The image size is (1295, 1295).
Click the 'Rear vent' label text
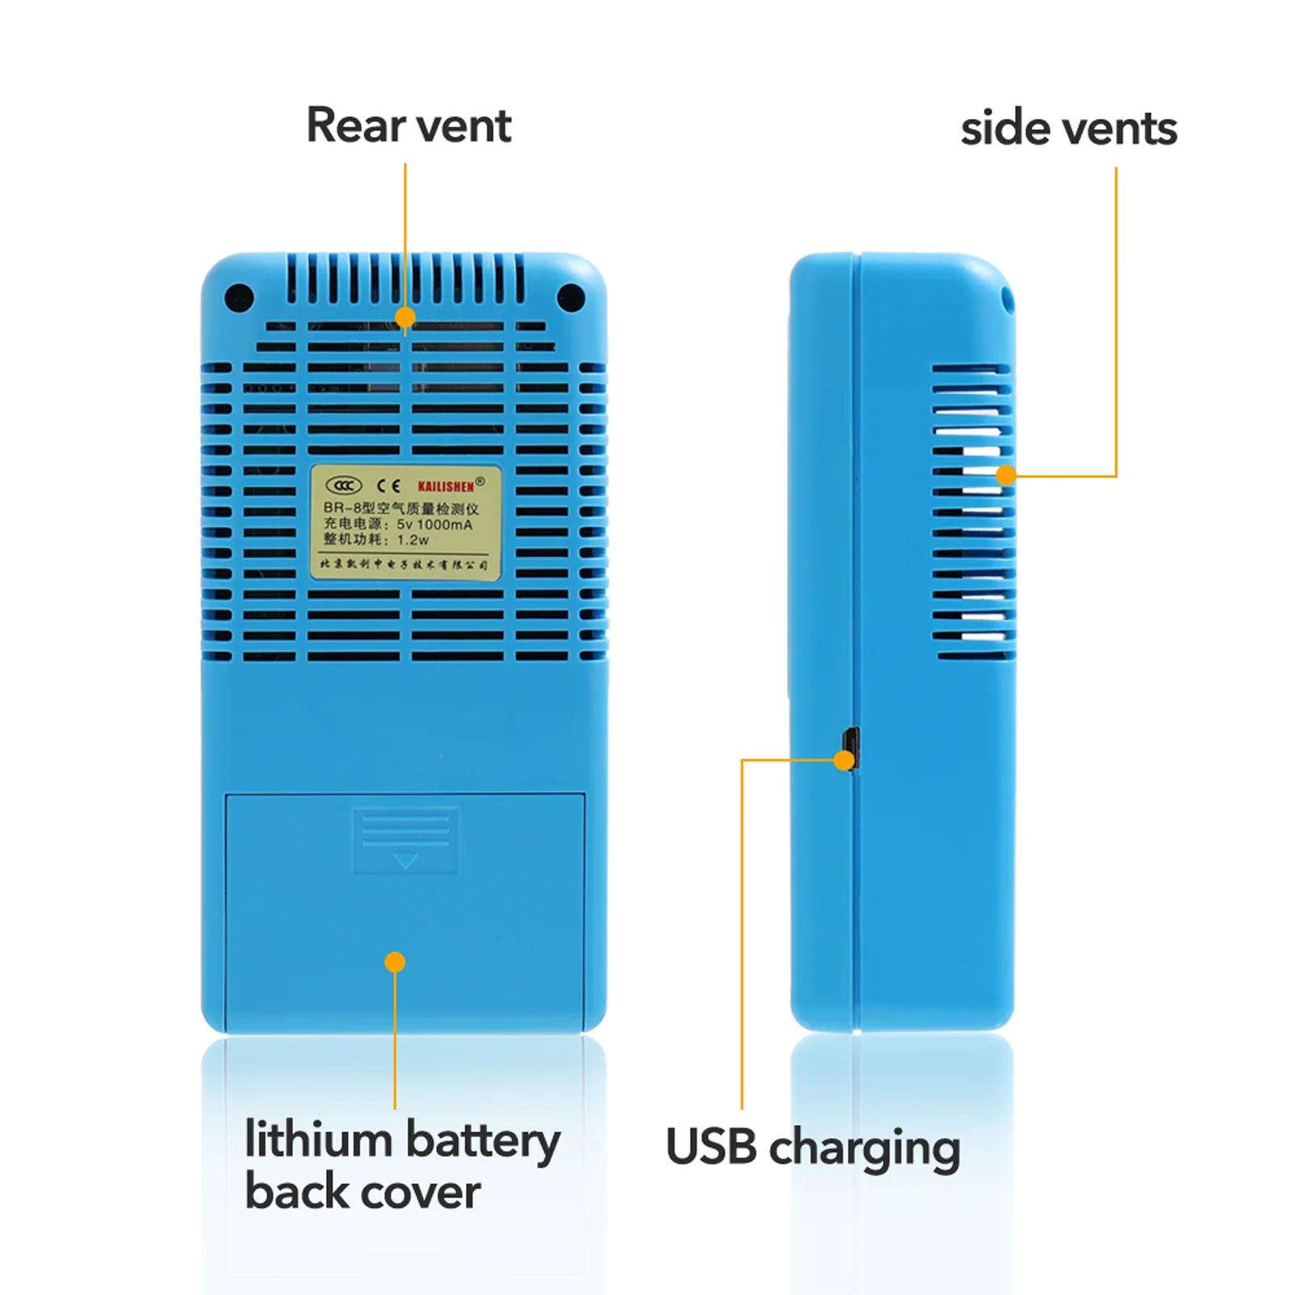pos(408,126)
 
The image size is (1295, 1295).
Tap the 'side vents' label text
pos(1069,129)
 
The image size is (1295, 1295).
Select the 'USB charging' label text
pos(813,1148)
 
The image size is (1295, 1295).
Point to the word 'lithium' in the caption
pos(318,1140)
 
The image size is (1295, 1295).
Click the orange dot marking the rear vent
pos(405,317)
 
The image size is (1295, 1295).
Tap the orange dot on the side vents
pos(1005,475)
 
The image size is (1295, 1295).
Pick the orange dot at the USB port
pos(844,760)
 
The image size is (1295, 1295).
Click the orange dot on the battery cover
pos(395,962)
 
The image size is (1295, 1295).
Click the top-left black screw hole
pos(239,298)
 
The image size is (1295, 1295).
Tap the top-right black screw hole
pos(571,298)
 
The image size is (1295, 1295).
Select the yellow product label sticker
pos(405,523)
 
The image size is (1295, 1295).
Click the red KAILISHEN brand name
pos(446,486)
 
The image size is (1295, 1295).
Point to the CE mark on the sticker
pos(389,485)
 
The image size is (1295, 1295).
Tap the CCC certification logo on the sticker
pos(343,485)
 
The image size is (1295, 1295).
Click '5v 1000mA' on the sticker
pos(434,524)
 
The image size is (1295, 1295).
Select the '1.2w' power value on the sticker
pos(413,540)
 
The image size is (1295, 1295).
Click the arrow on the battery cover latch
pos(405,861)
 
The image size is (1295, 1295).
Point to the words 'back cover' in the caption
pos(362,1192)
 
